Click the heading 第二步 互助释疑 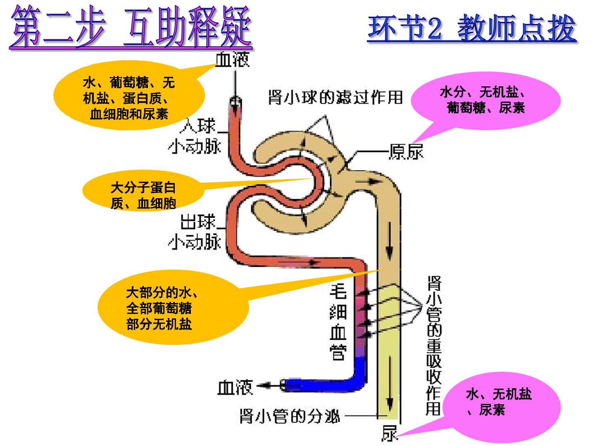click(131, 27)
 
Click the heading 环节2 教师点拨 click(472, 28)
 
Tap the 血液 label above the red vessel click(232, 59)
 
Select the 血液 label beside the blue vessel click(235, 387)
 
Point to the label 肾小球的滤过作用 click(336, 97)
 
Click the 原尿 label click(406, 152)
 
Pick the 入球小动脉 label click(195, 136)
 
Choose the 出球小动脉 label click(195, 232)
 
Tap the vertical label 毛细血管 click(338, 322)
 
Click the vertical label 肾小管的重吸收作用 click(434, 346)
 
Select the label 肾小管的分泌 click(290, 416)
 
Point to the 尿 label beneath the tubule click(390, 433)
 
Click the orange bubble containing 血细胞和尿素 click(129, 95)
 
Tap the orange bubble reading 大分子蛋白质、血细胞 click(143, 191)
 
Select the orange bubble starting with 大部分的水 click(173, 307)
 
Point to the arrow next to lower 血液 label click(268, 385)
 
